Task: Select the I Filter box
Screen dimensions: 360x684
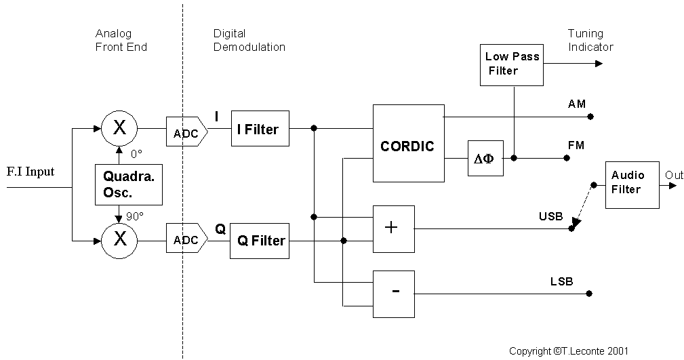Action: click(260, 128)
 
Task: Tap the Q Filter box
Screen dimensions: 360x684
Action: click(260, 240)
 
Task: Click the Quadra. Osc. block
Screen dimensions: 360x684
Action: click(129, 184)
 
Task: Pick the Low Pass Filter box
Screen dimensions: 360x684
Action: click(512, 64)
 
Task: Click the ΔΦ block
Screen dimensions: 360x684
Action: click(485, 159)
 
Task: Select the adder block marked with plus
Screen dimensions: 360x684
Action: click(393, 227)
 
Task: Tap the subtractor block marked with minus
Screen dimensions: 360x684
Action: click(393, 293)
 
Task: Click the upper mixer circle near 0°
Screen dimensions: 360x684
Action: click(119, 126)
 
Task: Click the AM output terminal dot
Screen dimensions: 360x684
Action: click(590, 117)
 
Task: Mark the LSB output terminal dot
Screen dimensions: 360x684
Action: click(590, 294)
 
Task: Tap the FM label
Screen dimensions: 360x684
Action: click(576, 145)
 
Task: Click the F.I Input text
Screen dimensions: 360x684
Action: click(30, 172)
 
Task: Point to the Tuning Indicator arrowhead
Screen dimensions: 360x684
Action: click(598, 64)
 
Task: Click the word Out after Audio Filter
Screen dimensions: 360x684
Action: click(674, 175)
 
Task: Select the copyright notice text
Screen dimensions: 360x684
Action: click(569, 351)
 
